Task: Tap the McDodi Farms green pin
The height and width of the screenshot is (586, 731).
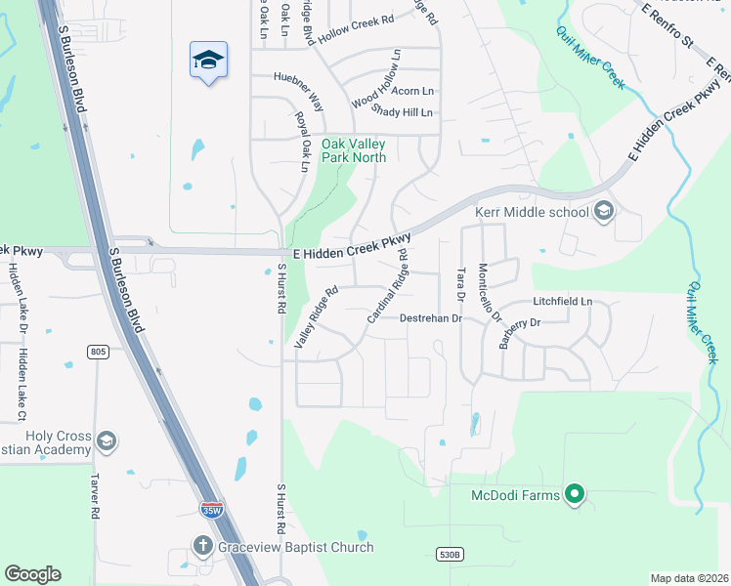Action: click(x=575, y=495)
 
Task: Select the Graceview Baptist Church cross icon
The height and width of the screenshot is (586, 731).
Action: click(x=203, y=546)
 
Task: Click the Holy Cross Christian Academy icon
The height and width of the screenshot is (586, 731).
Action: click(x=107, y=442)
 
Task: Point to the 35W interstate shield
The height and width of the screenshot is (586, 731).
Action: click(x=210, y=509)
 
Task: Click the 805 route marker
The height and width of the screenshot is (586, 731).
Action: click(x=96, y=352)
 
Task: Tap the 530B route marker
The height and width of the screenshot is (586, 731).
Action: click(x=448, y=554)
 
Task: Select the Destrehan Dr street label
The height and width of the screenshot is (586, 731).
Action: click(x=429, y=318)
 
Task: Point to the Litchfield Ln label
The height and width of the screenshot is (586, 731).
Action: click(x=563, y=302)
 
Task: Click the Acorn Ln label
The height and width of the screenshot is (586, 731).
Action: click(x=412, y=91)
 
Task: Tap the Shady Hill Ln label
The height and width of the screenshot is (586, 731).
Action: click(x=402, y=113)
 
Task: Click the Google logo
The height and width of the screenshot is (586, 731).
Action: click(x=32, y=574)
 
